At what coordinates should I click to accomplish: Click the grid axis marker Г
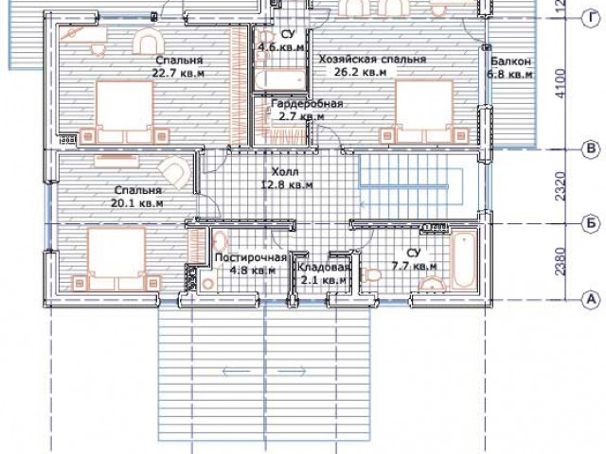point(591,18)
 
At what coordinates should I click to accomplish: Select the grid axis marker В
point(591,149)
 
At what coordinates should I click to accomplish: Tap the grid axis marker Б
point(591,223)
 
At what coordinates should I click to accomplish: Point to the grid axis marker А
point(591,299)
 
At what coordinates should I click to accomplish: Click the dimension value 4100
point(561,83)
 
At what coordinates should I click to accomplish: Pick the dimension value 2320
point(561,186)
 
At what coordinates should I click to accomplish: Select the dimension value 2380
point(561,261)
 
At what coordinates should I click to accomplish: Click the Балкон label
point(510,61)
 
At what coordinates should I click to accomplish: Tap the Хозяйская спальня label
point(372,60)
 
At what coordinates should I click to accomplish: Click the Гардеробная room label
point(307,103)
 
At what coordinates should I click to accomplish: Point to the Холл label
point(285,171)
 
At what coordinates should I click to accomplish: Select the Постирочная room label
point(251,257)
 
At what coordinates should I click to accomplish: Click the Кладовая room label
point(324,267)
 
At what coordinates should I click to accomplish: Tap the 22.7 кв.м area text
point(178,73)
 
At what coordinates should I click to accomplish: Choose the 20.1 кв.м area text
point(137,203)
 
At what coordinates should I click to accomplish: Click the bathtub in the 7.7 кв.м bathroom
point(464,259)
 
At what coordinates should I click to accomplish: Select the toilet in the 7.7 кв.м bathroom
point(371,275)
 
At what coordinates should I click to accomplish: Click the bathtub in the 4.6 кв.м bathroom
point(280,79)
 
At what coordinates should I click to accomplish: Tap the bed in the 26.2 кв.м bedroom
point(423,112)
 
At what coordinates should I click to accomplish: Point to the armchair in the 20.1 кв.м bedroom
point(174,171)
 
